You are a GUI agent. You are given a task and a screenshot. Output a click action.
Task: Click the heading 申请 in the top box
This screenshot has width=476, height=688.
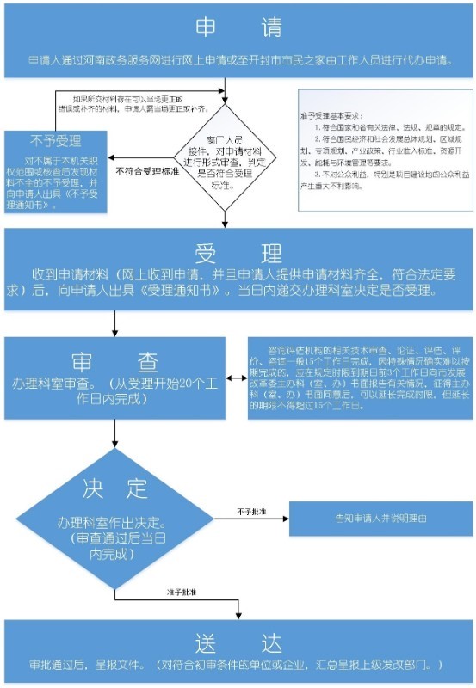pyautogui.click(x=238, y=28)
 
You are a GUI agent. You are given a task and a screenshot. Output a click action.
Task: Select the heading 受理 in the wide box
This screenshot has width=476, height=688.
pyautogui.click(x=238, y=254)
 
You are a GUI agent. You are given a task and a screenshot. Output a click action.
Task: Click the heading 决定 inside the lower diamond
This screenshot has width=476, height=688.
pyautogui.click(x=115, y=488)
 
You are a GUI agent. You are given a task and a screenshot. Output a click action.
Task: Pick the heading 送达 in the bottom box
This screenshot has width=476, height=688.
pyautogui.click(x=238, y=643)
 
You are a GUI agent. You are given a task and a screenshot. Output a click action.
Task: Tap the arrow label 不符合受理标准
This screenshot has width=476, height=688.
pyautogui.click(x=147, y=171)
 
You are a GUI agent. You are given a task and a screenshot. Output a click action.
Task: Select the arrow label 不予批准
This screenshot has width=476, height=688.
pyautogui.click(x=252, y=512)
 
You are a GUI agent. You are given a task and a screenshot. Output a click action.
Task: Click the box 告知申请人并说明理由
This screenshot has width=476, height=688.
pyautogui.click(x=374, y=519)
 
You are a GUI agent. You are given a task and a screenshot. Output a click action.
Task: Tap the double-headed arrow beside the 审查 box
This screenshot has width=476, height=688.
pyautogui.click(x=236, y=379)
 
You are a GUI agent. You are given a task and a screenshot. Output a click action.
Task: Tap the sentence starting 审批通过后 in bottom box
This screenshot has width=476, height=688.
pyautogui.click(x=237, y=666)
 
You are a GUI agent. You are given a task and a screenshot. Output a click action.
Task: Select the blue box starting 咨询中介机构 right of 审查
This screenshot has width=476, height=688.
pyautogui.click(x=358, y=378)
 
